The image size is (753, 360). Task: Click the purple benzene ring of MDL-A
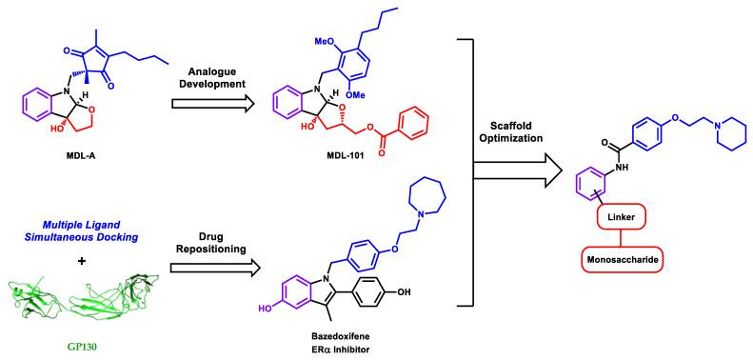point(32,104)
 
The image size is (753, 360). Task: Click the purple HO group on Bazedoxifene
point(285,307)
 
